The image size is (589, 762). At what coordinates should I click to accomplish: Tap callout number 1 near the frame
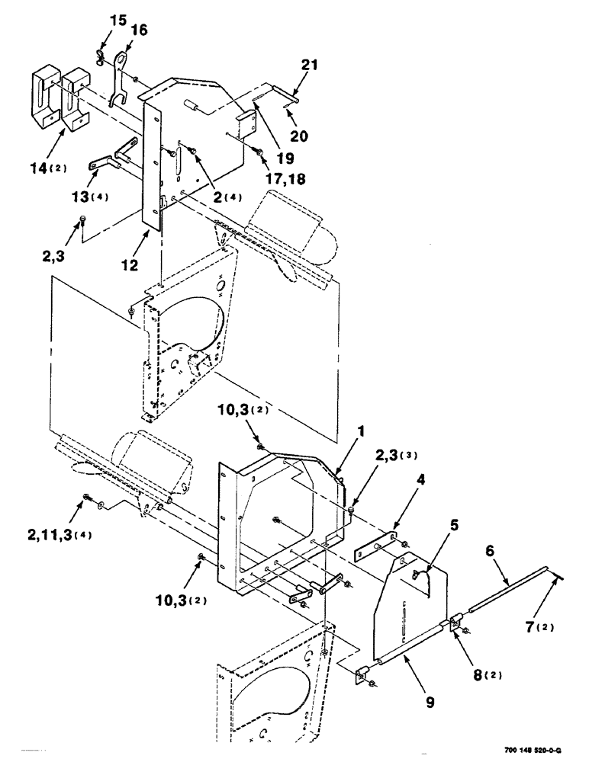362,431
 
